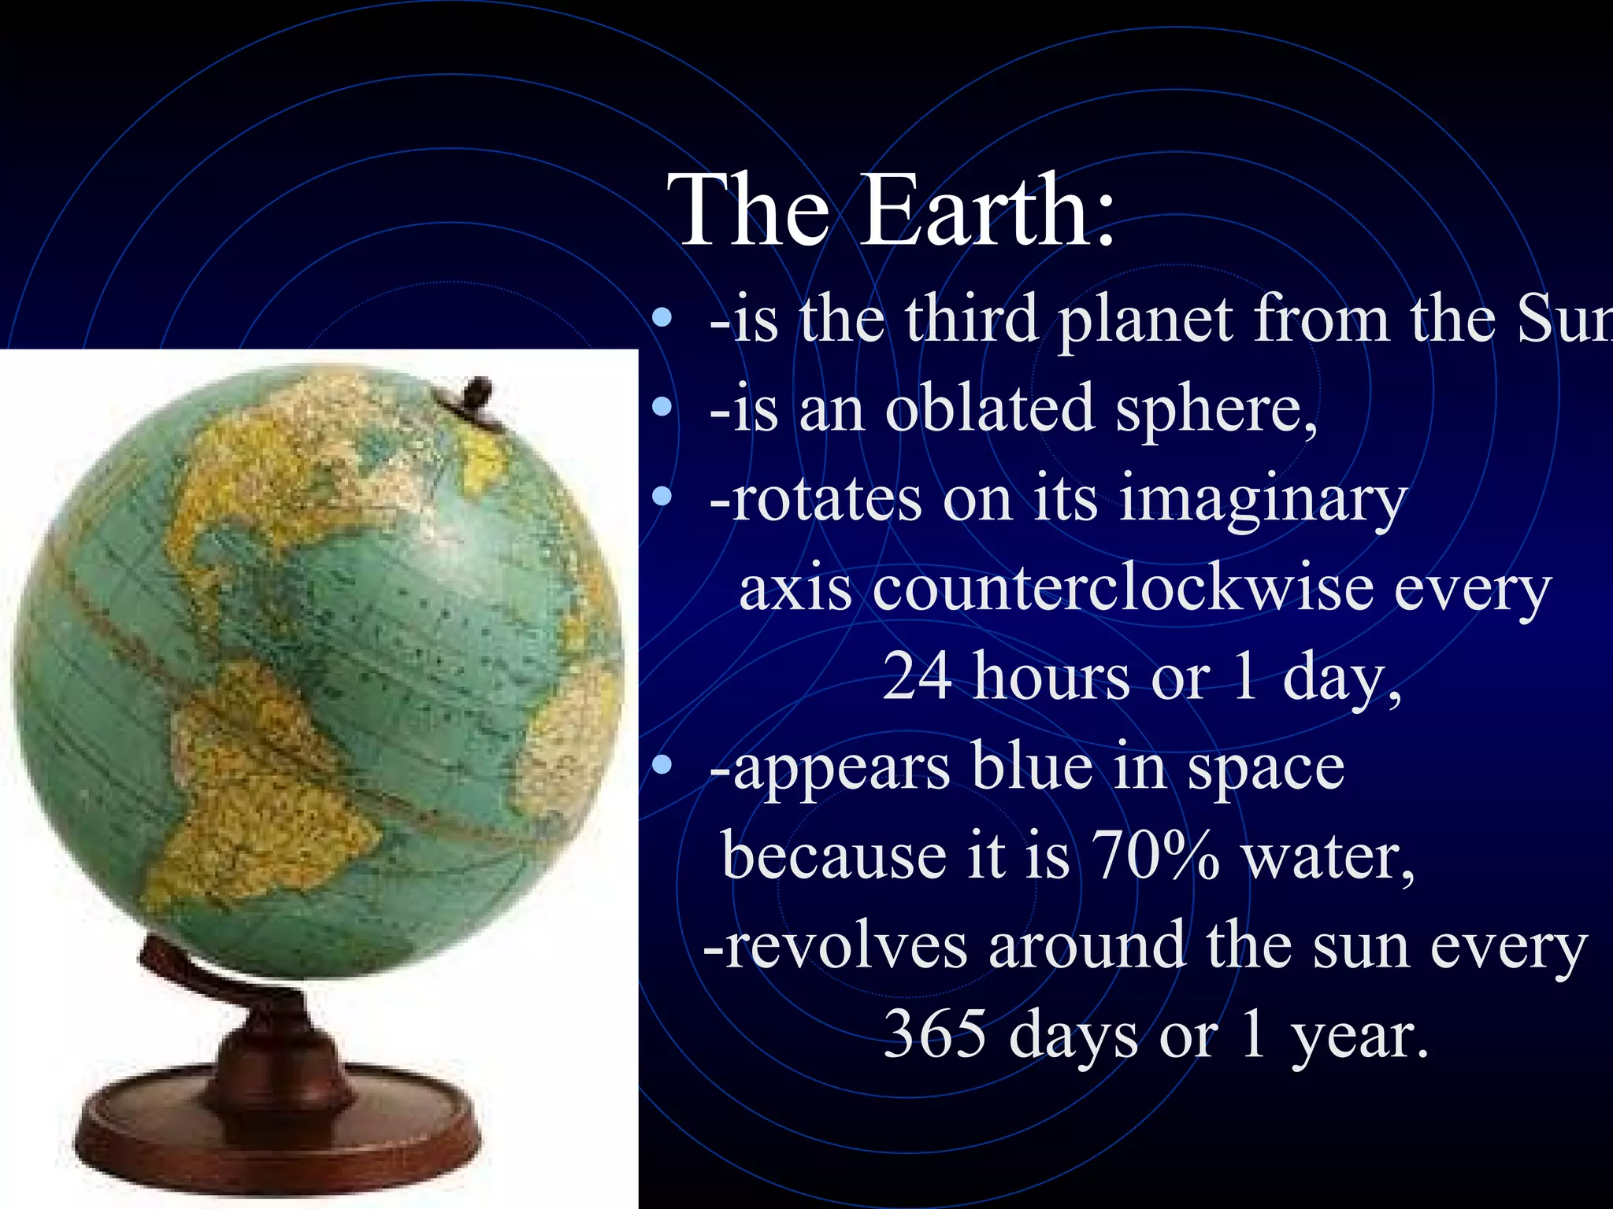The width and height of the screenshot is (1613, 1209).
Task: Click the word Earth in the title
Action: click(988, 211)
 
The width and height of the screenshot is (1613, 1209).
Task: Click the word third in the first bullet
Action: click(971, 320)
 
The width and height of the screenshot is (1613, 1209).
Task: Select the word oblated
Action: click(990, 409)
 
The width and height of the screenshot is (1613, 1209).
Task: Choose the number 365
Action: click(934, 1034)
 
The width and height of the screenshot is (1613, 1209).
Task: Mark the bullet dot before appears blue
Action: click(663, 763)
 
